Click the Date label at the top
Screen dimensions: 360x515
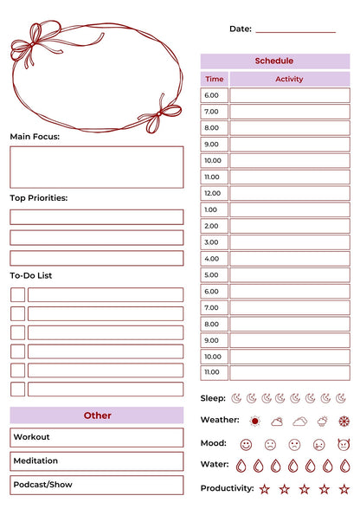(x=240, y=29)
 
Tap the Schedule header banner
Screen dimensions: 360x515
(x=274, y=61)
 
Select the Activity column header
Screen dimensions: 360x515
(x=289, y=79)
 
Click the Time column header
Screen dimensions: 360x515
(x=214, y=79)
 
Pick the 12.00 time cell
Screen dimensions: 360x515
(x=213, y=193)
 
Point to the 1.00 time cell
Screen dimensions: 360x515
(x=213, y=209)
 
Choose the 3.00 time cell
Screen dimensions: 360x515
(x=213, y=242)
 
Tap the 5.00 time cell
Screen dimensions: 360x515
(x=213, y=275)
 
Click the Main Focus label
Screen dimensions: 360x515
(x=35, y=137)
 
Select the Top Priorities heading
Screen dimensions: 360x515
(x=39, y=198)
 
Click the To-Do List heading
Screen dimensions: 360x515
(x=31, y=275)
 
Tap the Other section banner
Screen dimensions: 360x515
(x=97, y=415)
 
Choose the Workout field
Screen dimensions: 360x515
(x=97, y=437)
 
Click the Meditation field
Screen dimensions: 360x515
(x=97, y=461)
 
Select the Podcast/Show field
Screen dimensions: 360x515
(x=97, y=485)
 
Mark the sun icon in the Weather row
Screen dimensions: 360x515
(x=254, y=422)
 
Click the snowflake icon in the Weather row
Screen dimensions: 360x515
(x=343, y=422)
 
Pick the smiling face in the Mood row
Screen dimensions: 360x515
(x=246, y=444)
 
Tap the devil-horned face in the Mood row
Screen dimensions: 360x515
(x=343, y=444)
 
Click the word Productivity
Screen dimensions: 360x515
(x=228, y=488)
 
